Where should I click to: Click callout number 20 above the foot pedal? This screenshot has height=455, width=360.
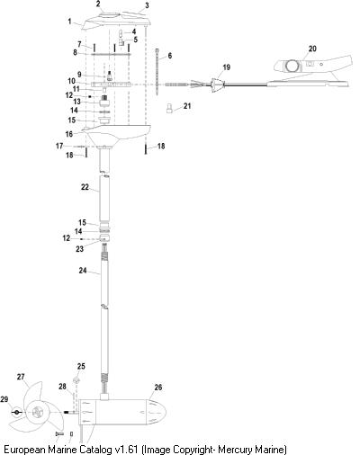tap(312, 49)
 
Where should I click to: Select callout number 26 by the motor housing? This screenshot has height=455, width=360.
tap(157, 388)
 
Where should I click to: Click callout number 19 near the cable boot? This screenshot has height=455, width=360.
tap(226, 67)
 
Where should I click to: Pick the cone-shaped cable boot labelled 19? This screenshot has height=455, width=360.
tap(217, 85)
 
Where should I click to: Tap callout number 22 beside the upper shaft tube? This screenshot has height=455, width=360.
tap(85, 187)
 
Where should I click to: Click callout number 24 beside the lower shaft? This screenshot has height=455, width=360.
tap(83, 271)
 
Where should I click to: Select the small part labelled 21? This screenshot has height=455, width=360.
tap(169, 108)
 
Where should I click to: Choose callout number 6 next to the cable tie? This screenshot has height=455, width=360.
tap(170, 56)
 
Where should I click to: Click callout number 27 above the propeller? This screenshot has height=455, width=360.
tap(21, 377)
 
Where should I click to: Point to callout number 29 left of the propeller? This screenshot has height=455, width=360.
tap(4, 399)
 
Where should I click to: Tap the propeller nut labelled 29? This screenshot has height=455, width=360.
tap(17, 413)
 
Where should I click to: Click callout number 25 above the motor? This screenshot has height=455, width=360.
tap(81, 366)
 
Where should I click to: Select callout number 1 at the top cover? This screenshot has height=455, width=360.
tap(69, 22)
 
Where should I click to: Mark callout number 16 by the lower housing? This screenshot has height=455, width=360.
tap(69, 134)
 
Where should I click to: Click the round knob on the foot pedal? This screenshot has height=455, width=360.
tap(292, 66)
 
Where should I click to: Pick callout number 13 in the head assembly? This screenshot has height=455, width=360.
tap(77, 102)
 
